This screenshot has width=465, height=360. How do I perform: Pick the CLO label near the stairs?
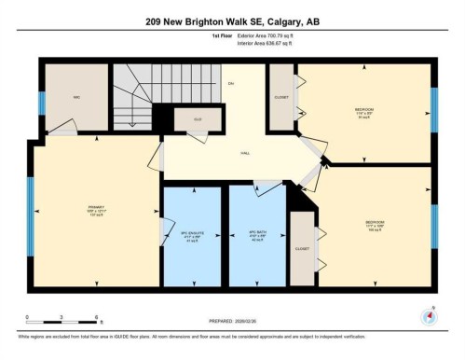click(x=198, y=119)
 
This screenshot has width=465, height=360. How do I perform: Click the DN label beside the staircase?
click(x=230, y=84)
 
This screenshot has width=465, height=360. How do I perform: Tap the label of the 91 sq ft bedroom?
click(x=364, y=112)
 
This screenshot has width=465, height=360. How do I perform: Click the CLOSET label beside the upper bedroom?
click(x=280, y=97)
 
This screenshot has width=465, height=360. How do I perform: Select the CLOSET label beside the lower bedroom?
click(x=302, y=249)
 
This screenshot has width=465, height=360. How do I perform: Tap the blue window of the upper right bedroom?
click(x=434, y=111)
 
